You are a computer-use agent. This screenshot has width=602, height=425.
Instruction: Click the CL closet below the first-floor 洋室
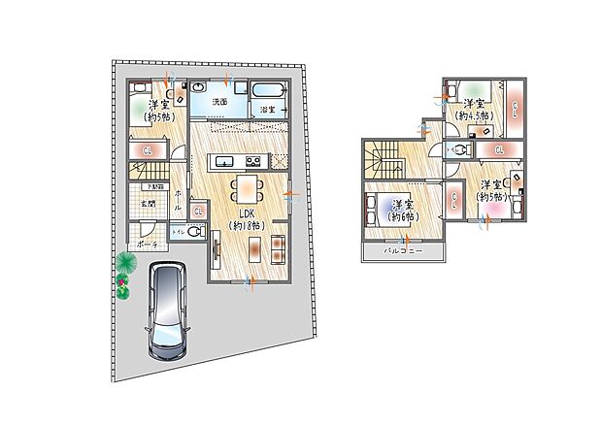tap(147, 150)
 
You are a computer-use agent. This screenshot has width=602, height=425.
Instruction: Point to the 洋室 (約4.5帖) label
tap(473, 109)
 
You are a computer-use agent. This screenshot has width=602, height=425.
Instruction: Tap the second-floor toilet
tap(458, 149)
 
